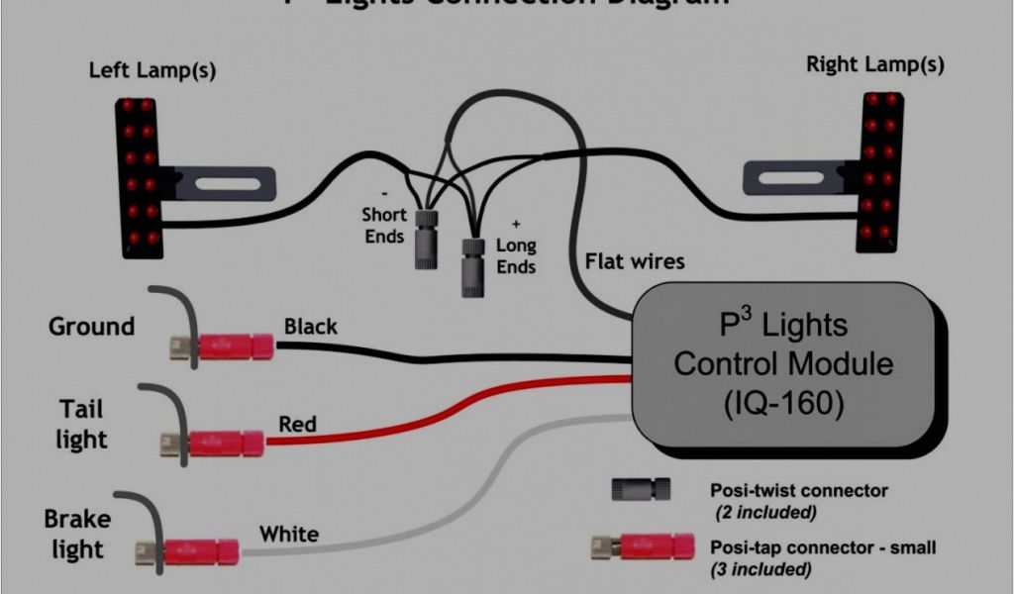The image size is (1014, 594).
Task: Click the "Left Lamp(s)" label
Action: point(152,70)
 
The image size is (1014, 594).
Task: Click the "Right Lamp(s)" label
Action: point(874,65)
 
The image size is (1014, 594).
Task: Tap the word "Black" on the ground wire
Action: point(310,326)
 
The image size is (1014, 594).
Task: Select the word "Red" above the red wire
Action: point(297,425)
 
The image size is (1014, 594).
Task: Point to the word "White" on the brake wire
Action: point(289,535)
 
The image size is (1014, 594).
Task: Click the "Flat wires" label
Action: point(635,262)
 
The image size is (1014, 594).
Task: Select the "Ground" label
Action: point(91,326)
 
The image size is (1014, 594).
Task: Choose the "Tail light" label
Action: point(81,424)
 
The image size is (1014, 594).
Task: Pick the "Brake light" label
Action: point(77,533)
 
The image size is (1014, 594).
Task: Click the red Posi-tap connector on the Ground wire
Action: point(234,346)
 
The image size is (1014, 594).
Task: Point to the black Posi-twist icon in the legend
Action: point(642,489)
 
